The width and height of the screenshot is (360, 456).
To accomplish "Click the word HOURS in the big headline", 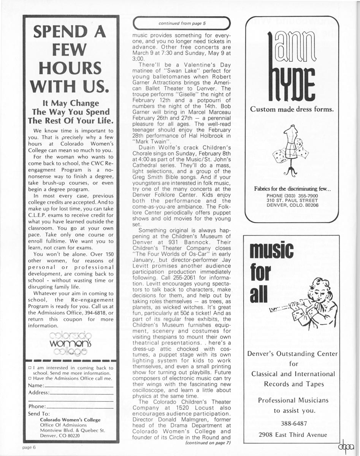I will coord(71,68).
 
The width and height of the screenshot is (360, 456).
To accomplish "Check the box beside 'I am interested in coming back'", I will coord(30,368).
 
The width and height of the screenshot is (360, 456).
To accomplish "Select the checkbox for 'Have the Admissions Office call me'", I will coord(30,378).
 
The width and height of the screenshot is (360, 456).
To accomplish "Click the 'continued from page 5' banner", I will coord(182,24).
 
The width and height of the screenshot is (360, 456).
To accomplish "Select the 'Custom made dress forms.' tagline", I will coord(292,110).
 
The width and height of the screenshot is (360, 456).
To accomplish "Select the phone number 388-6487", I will coord(292,423).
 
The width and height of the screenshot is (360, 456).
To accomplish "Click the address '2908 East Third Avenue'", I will coord(292,435).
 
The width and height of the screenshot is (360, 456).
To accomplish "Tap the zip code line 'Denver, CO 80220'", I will coord(60,436).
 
